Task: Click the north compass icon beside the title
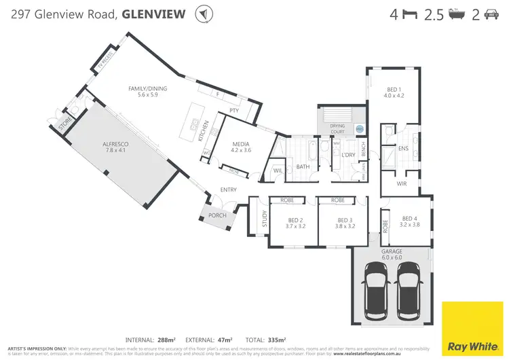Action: click(202, 14)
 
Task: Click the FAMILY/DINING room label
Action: click(147, 89)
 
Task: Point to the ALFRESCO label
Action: click(116, 145)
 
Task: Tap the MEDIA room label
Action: click(241, 144)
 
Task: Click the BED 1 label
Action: click(395, 90)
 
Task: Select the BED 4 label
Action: click(409, 218)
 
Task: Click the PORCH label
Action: click(217, 215)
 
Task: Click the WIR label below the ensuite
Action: click(401, 183)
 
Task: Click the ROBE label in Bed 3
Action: click(337, 200)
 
